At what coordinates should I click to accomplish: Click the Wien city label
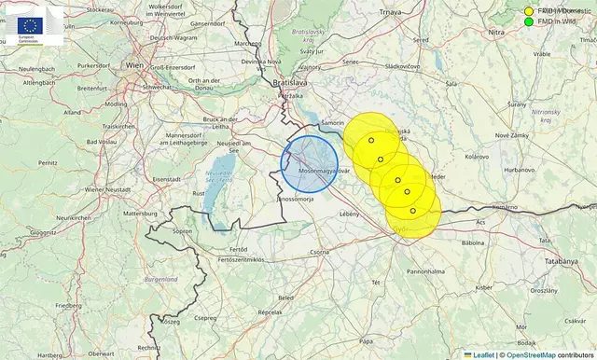[x=134, y=65]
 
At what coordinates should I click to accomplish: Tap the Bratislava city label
[x=289, y=83]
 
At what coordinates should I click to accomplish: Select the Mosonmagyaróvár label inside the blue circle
[x=324, y=172]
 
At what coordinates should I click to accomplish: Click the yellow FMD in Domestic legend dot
[x=529, y=9]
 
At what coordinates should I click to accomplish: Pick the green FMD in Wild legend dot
[x=529, y=21]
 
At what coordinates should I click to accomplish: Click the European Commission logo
[x=33, y=27]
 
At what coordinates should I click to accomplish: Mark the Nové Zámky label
[x=512, y=135]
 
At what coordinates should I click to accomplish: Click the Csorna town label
[x=320, y=252]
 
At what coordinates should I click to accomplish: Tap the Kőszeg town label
[x=169, y=321]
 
